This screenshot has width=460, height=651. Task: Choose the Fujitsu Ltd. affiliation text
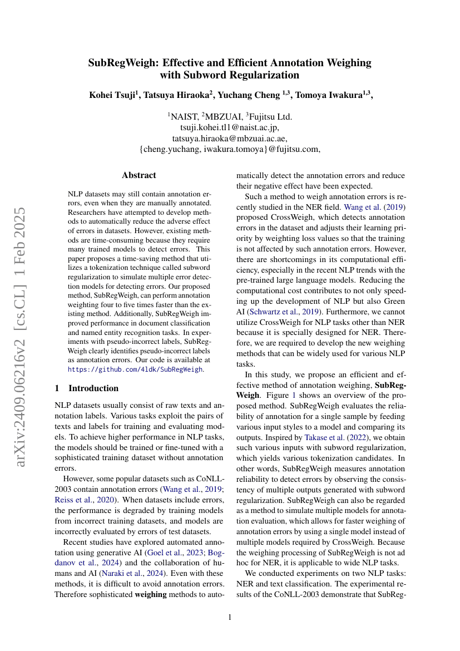tap(270, 116)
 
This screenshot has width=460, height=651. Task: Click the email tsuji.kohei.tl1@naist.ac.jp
tap(230, 127)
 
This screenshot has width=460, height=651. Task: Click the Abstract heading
tap(139, 175)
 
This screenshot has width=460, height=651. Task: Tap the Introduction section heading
tap(93, 388)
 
